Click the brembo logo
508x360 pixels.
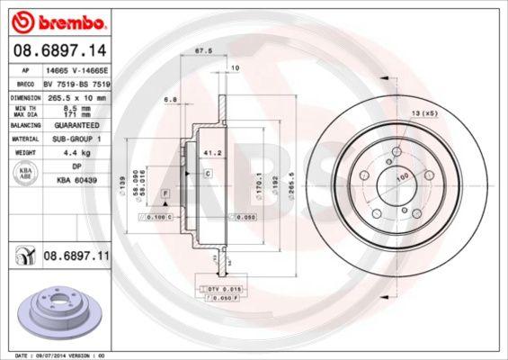coord(58,19)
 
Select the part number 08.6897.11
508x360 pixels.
coord(74,256)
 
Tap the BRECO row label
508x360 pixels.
coord(25,82)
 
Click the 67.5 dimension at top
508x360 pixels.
coord(203,51)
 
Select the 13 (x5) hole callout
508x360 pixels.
coord(423,112)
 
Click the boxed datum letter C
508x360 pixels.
coord(207,173)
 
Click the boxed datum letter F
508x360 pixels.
coord(165,193)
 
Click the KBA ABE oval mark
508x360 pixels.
coord(26,173)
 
